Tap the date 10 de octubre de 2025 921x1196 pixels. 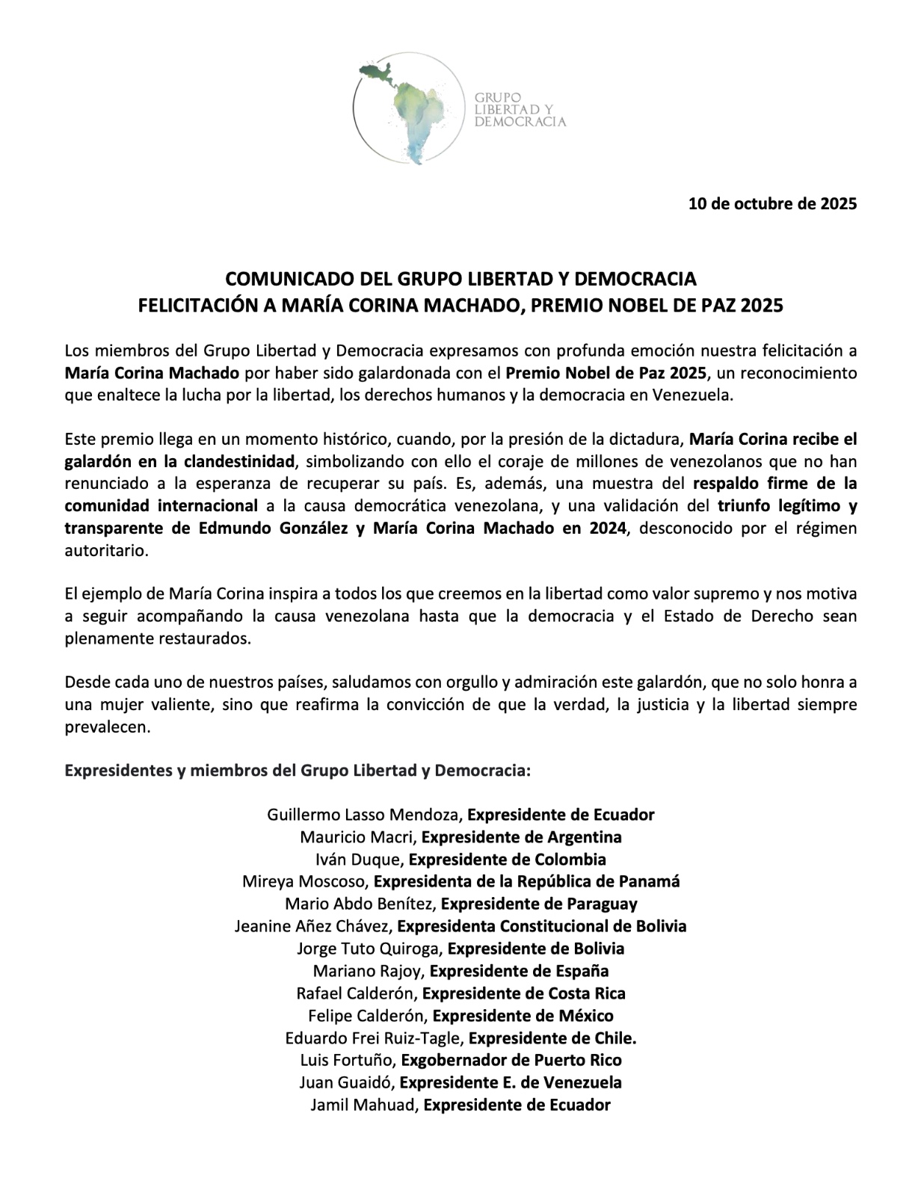pos(772,203)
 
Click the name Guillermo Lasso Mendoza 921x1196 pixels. pos(366,815)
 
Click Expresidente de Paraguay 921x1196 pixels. pos(539,904)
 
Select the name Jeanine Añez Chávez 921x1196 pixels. pos(312,926)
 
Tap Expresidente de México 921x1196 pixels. pos(523,1016)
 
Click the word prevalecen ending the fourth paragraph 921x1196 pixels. pos(108,727)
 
